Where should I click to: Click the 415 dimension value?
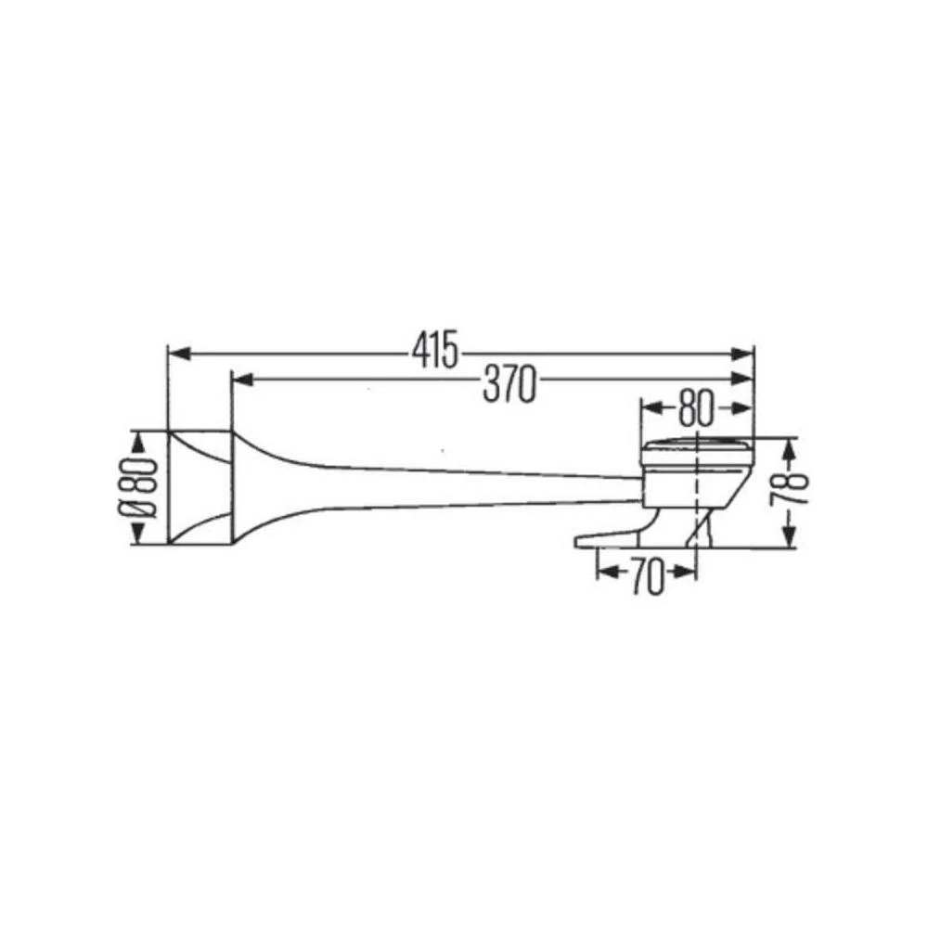pyautogui.click(x=435, y=350)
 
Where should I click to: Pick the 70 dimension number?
pyautogui.click(x=646, y=576)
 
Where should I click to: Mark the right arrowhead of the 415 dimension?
pyautogui.click(x=741, y=354)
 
